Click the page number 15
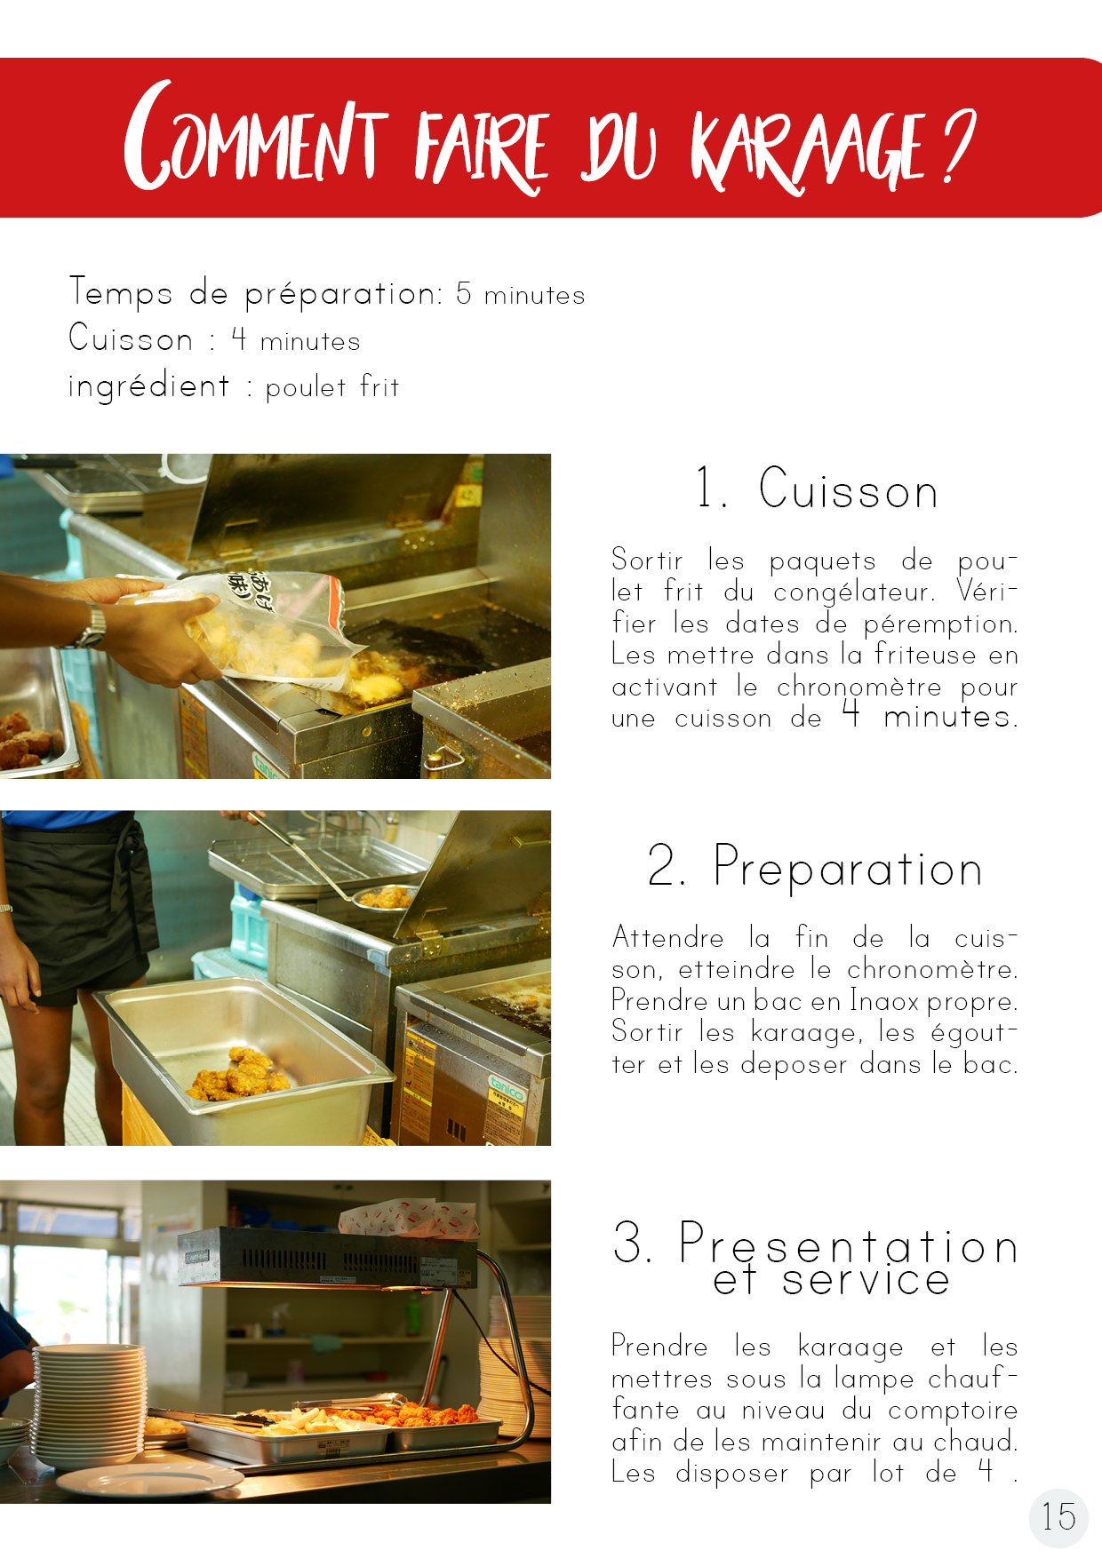tap(1058, 1517)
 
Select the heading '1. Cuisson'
tap(817, 489)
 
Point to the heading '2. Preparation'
tap(814, 866)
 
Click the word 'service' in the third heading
tap(866, 1280)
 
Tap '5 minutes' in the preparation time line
tap(521, 294)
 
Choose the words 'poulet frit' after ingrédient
tap(332, 387)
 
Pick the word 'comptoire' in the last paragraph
tap(953, 1411)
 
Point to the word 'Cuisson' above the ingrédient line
tap(131, 338)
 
